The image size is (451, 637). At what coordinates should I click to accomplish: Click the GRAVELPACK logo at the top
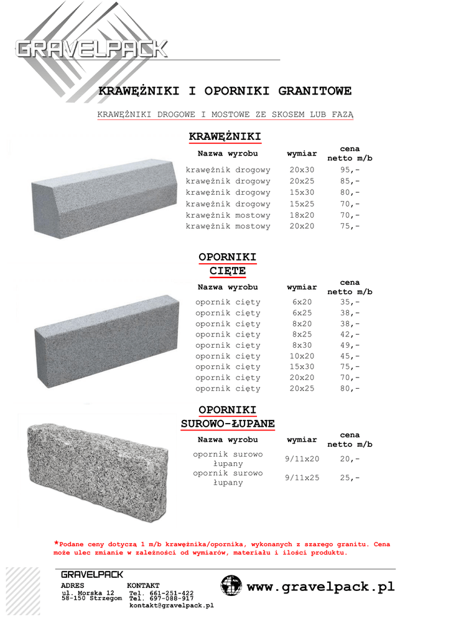91,49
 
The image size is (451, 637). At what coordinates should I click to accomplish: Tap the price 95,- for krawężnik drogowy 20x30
350,170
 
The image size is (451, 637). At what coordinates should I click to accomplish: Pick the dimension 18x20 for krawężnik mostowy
302,215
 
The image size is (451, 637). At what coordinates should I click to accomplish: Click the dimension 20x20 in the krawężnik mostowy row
302,226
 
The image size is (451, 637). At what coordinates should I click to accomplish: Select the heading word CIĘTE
228,271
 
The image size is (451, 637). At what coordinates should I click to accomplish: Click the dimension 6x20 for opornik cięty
302,302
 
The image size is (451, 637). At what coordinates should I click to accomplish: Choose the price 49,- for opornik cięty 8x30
350,345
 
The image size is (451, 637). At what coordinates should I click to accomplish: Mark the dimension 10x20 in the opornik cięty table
302,356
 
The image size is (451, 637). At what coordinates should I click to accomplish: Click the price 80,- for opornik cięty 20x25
350,389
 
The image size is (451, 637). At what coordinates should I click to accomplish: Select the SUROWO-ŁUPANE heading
228,424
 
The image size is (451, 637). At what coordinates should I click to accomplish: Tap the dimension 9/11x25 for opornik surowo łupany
302,478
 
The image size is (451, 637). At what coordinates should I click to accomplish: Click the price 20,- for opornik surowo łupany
350,459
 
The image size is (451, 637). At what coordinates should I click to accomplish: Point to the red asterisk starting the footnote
57,542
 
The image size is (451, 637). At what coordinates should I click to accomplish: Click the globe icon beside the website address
231,585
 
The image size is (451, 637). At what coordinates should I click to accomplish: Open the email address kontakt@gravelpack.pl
171,605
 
